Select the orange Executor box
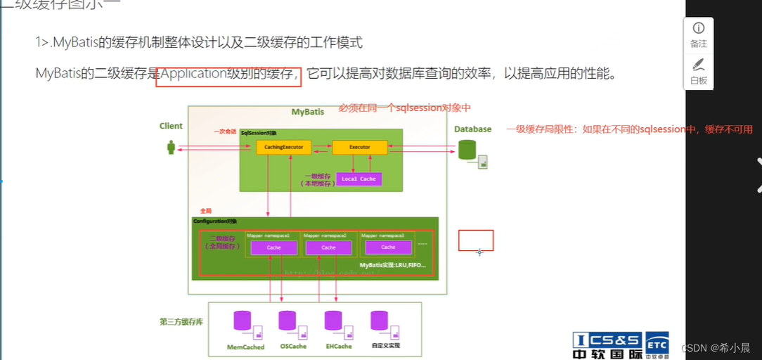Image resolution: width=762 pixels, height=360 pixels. tap(359, 148)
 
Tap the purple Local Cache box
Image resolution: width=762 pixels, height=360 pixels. tap(359, 179)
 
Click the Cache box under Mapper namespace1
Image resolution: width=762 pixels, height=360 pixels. tap(273, 247)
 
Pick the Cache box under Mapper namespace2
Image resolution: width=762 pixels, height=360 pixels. tap(328, 247)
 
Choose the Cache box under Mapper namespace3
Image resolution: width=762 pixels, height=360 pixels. tap(388, 247)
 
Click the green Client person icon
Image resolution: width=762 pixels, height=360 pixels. tap(170, 147)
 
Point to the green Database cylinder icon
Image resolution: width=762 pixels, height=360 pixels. tap(467, 149)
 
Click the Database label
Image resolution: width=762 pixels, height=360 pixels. tap(472, 129)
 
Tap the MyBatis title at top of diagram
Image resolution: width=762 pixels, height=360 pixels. tap(308, 112)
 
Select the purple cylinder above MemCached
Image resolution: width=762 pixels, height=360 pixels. tap(243, 321)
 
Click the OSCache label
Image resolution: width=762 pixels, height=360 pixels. tap(293, 347)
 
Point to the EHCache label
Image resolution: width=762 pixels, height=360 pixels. tap(338, 347)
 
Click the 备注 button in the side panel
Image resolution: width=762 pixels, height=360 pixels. tap(698, 34)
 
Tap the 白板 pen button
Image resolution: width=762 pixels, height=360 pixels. tap(698, 71)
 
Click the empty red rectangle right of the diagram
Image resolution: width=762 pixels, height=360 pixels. tap(476, 240)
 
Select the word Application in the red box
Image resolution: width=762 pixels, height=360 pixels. tap(192, 73)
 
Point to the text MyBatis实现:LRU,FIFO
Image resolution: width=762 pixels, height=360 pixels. tap(393, 265)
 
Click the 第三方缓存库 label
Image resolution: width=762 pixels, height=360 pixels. tap(182, 322)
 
